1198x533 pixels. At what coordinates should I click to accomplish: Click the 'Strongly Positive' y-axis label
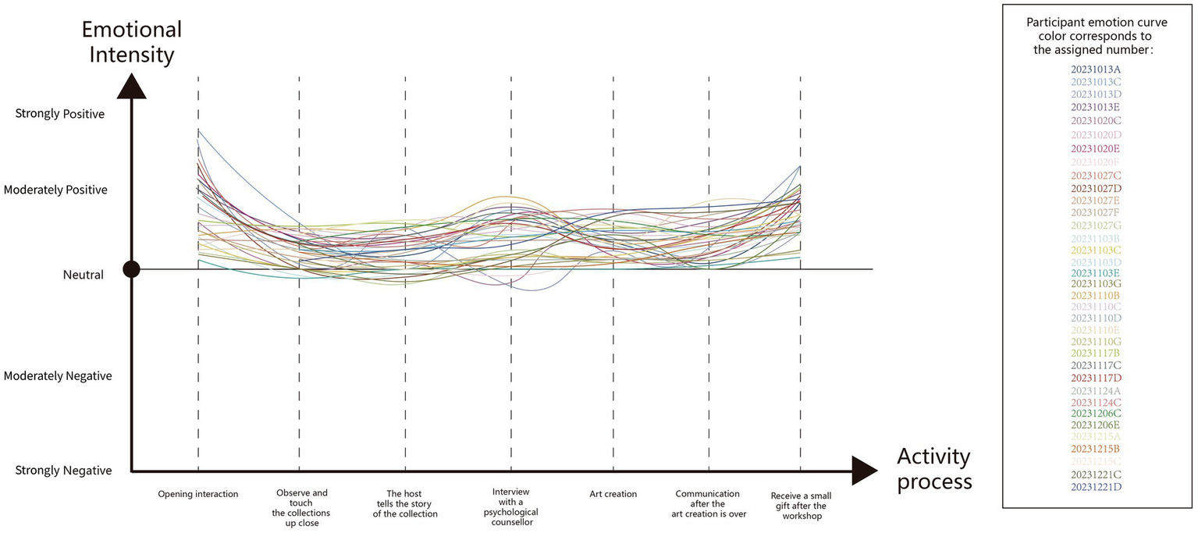tap(60, 114)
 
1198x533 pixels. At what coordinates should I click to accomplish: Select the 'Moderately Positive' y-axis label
tap(55, 190)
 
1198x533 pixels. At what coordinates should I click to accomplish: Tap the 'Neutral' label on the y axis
tap(84, 275)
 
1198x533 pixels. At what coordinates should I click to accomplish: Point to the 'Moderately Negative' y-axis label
tap(58, 376)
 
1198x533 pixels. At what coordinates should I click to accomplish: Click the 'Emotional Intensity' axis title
tap(132, 42)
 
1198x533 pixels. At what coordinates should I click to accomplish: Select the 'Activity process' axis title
tap(934, 469)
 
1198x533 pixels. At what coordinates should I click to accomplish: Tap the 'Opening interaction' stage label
tap(198, 494)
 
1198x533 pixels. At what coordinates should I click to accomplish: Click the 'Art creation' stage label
tap(613, 494)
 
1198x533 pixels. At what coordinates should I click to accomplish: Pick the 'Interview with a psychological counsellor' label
tap(511, 507)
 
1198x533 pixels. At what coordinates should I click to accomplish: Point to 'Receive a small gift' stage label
tap(800, 506)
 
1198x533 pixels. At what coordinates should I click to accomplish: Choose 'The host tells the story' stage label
tap(405, 503)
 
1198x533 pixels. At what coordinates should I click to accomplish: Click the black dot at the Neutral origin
tap(132, 269)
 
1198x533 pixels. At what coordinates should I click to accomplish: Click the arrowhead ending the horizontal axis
tap(865, 471)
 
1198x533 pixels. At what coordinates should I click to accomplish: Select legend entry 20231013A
tap(1095, 69)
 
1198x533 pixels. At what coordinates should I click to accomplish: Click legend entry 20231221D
tap(1095, 487)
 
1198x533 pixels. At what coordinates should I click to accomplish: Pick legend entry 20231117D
tap(1095, 378)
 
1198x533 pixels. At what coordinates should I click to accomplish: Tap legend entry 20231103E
tap(1095, 272)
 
